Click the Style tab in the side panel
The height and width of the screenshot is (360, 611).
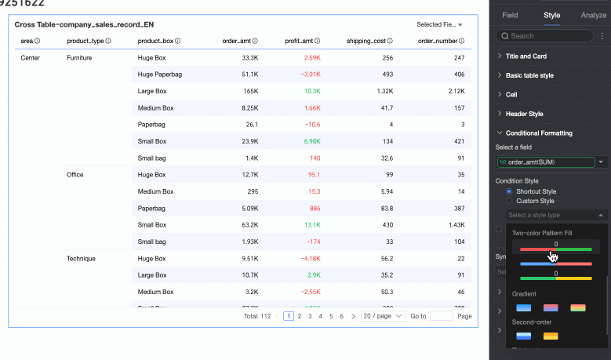tap(552, 15)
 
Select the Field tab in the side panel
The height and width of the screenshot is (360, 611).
tap(510, 15)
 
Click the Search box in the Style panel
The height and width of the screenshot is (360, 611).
tap(544, 36)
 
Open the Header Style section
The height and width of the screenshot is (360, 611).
tap(524, 114)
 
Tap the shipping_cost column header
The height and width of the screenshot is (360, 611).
tap(369, 41)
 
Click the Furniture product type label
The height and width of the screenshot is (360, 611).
tap(80, 58)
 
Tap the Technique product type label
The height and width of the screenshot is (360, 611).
tap(81, 258)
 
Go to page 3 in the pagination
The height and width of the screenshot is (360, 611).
tap(309, 316)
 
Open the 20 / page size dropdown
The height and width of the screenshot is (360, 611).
tap(383, 316)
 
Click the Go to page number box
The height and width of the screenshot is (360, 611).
tap(442, 316)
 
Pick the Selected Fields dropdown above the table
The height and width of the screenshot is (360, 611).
tap(439, 25)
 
